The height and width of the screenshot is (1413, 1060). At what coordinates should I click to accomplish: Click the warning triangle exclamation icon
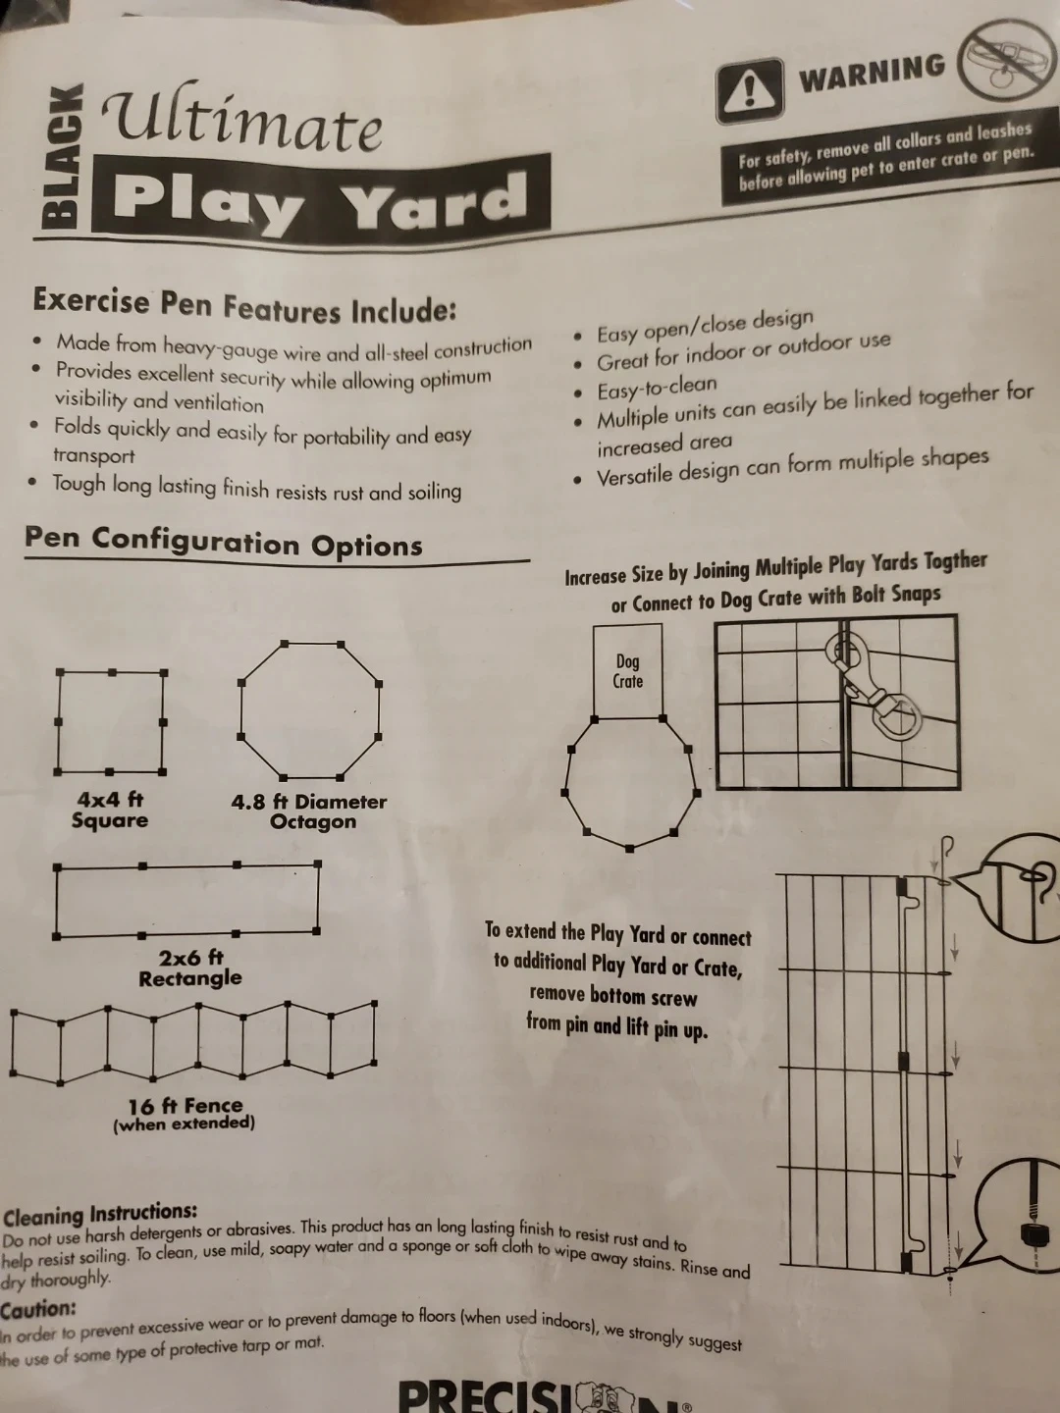pos(750,90)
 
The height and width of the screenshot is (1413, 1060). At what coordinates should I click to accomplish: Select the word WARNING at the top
pos(872,73)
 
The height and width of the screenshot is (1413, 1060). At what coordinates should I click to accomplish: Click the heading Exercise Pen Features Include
pos(244,305)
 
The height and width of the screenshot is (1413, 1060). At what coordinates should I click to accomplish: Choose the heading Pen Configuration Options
pos(224,542)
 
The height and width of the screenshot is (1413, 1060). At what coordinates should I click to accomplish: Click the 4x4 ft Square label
pos(109,810)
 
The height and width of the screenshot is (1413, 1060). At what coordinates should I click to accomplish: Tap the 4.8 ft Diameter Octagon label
pos(309,811)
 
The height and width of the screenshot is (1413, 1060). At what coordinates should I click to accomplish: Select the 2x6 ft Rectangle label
pos(190,968)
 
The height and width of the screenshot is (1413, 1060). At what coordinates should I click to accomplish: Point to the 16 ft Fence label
pos(185,1113)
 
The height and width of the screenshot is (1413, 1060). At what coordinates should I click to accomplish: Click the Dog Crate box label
pos(627,671)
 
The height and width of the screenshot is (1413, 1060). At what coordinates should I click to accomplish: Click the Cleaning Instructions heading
pos(100,1214)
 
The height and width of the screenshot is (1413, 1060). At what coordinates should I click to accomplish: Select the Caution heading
pos(38,1309)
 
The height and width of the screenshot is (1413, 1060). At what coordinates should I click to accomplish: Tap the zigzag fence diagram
pos(193,1041)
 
